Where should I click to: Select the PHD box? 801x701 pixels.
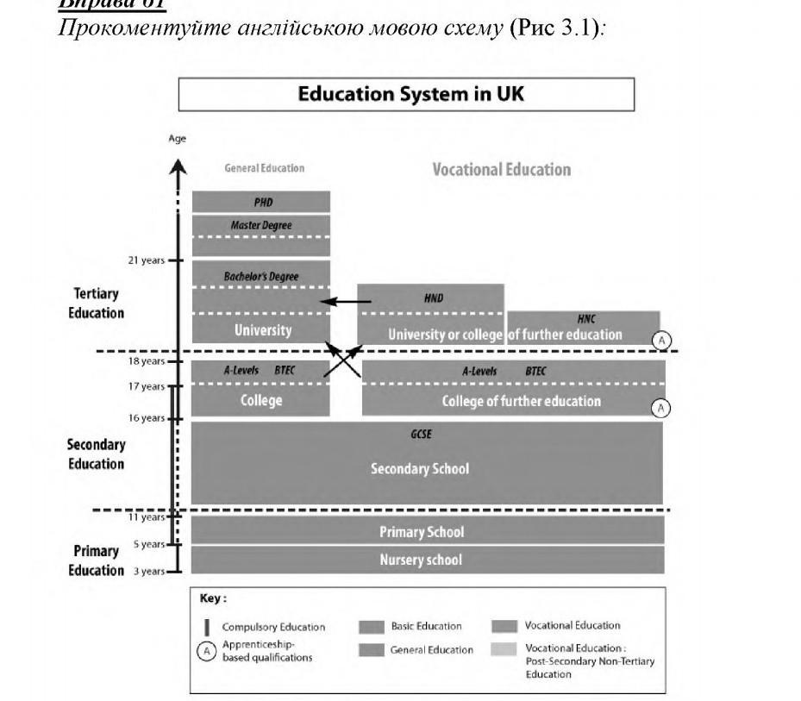(x=261, y=203)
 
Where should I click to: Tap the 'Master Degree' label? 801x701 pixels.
(x=261, y=226)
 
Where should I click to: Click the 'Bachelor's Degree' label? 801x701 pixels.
(x=261, y=277)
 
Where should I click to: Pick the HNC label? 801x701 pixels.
(x=586, y=319)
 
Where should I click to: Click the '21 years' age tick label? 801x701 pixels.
(x=146, y=260)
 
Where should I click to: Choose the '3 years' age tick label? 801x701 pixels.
(x=149, y=571)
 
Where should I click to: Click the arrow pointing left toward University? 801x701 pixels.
(x=345, y=302)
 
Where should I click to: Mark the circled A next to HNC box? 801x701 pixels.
(x=661, y=340)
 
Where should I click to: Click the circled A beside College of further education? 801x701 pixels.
(x=661, y=408)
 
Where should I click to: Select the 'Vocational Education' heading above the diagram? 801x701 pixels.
(x=501, y=170)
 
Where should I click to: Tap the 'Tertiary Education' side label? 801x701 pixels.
(x=97, y=304)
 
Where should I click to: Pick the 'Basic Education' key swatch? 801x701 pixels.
(x=371, y=627)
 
